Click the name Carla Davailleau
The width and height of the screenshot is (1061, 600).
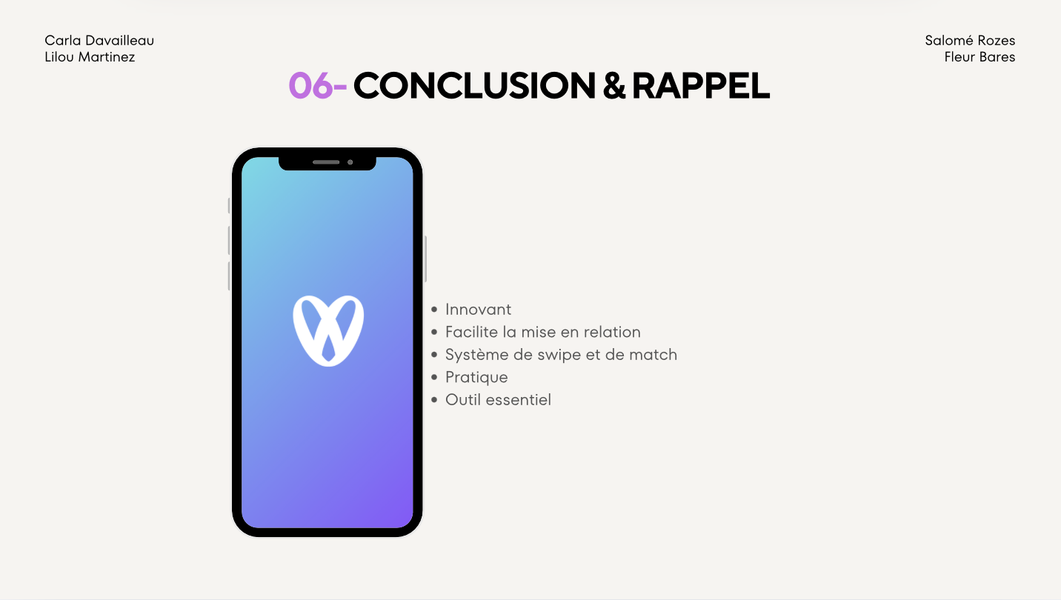click(99, 41)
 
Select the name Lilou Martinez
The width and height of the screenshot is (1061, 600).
click(90, 57)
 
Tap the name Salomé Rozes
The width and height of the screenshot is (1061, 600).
click(970, 41)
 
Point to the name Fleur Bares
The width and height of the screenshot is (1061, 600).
click(979, 57)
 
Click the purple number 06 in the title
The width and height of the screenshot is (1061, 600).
click(310, 86)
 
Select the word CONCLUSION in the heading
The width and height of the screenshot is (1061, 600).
click(474, 86)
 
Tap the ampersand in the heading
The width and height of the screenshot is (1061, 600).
click(614, 86)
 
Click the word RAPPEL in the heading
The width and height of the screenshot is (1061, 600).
click(701, 86)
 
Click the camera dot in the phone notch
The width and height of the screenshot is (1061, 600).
click(350, 162)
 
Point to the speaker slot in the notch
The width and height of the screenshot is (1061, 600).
click(326, 162)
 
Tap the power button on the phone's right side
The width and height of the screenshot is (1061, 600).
click(425, 259)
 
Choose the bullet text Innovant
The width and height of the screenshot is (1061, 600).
click(479, 310)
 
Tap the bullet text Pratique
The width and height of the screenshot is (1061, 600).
click(476, 378)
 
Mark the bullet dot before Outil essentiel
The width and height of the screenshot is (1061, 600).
click(434, 400)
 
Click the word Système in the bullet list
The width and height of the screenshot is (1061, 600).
click(477, 355)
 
